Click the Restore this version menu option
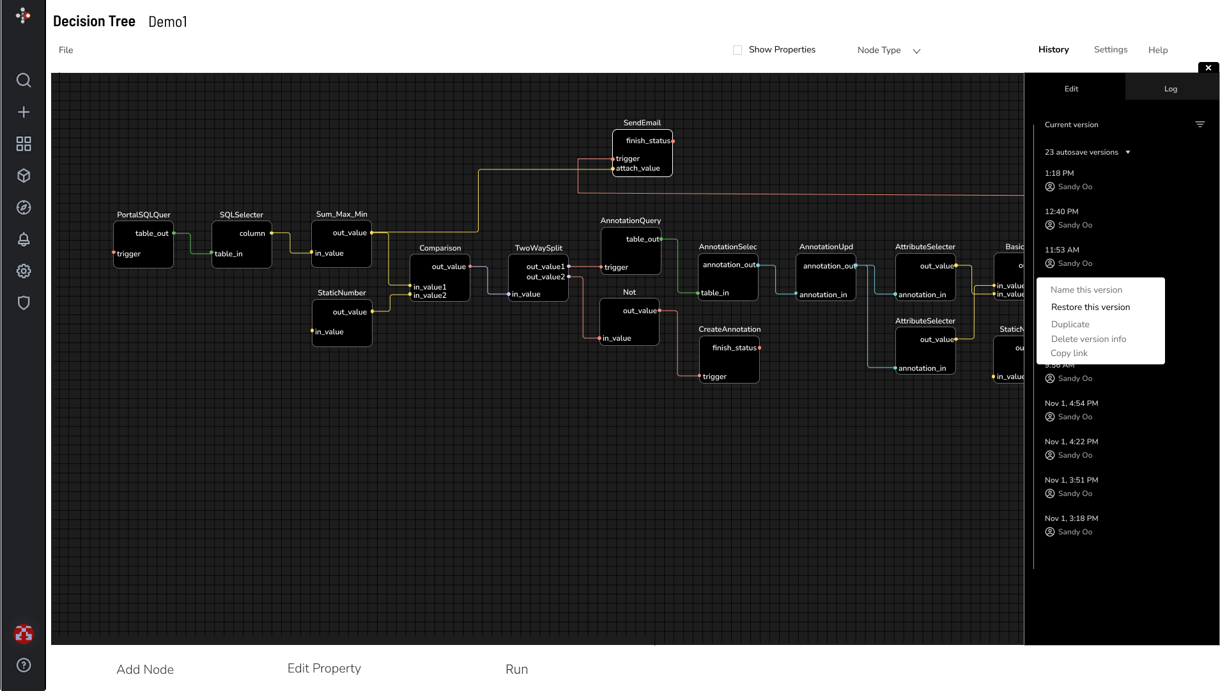click(1090, 307)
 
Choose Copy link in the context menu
click(1069, 353)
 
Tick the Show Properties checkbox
click(737, 50)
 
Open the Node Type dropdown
click(888, 50)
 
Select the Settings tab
click(1110, 50)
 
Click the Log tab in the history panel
click(1170, 89)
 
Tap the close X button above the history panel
click(1208, 68)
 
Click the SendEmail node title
click(642, 123)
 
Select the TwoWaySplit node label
click(538, 248)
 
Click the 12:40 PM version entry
click(1061, 212)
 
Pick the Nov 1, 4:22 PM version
click(1071, 442)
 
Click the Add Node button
click(145, 669)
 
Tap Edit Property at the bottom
click(324, 669)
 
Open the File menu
click(66, 50)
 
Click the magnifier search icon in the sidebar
click(24, 80)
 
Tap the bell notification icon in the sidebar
click(24, 239)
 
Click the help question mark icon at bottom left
click(24, 665)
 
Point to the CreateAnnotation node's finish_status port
click(759, 348)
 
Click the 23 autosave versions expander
click(1087, 152)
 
